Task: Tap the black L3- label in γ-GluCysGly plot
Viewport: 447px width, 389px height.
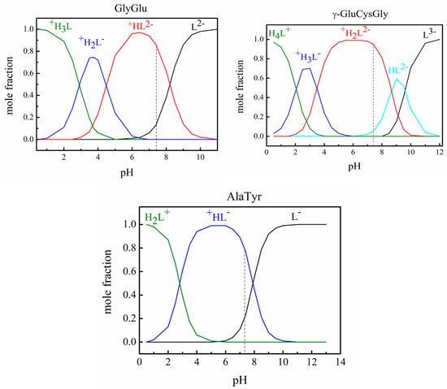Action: click(x=426, y=35)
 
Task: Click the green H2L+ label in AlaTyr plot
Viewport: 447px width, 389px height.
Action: click(x=157, y=218)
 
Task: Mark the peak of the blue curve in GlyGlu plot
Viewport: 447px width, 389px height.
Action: click(x=93, y=58)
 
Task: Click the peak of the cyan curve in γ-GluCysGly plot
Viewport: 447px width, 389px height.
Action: click(x=397, y=80)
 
